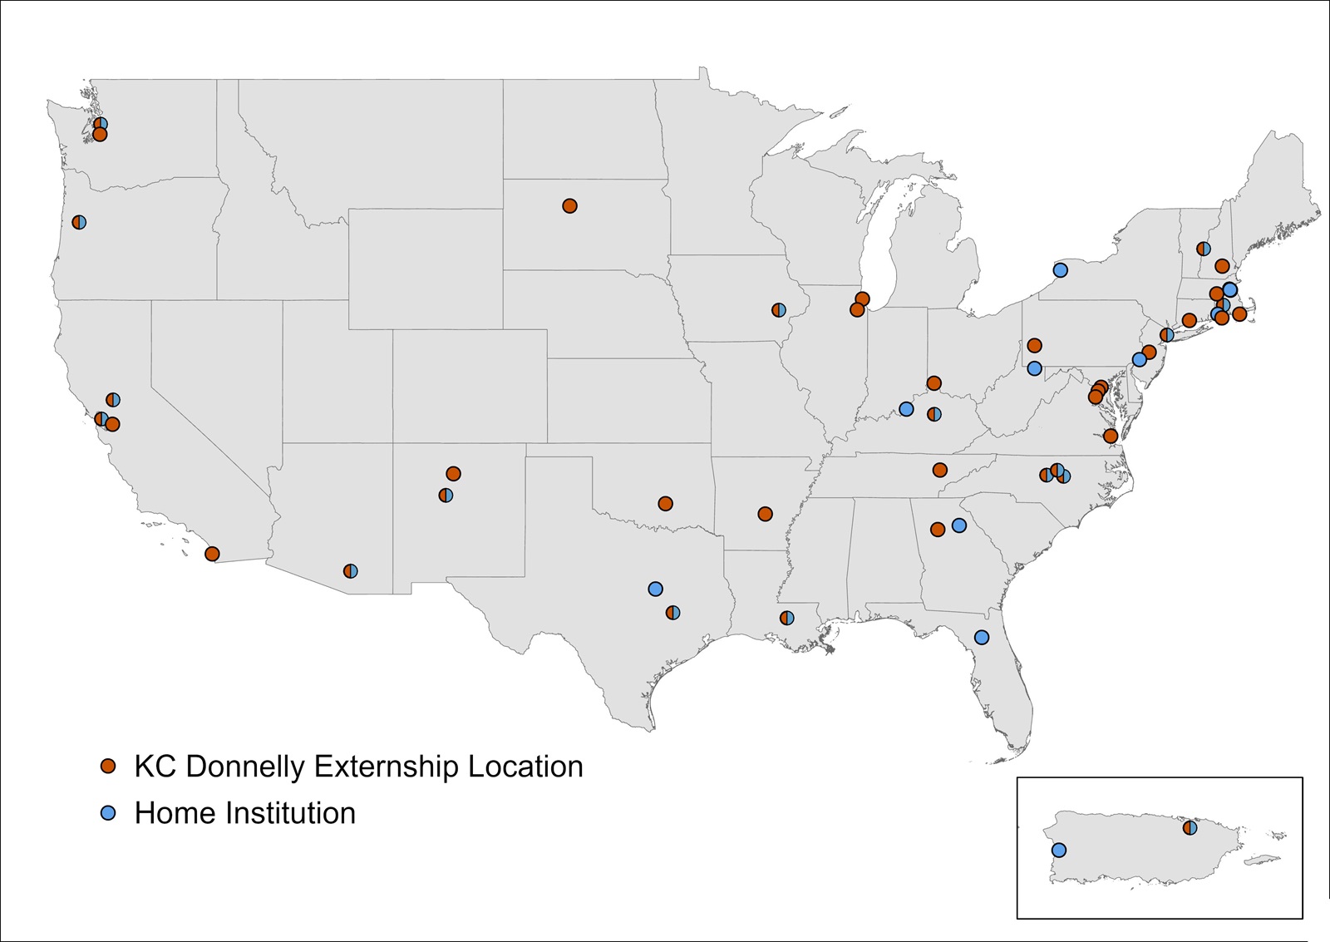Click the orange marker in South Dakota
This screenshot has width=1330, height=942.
pos(569,206)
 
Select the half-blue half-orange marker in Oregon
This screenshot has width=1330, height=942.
pos(79,222)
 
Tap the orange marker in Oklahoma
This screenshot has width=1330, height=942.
pos(665,504)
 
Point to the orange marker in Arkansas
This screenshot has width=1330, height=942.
pos(766,514)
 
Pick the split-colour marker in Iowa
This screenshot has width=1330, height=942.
pos(779,310)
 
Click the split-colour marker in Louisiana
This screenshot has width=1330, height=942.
pos(786,618)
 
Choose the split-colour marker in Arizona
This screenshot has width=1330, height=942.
pos(351,571)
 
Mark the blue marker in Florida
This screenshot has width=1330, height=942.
pos(982,638)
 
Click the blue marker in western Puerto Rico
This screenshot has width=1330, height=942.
pos(1059,850)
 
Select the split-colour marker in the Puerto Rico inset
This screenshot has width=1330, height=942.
pos(1190,827)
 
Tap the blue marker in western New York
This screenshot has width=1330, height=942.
pos(1061,270)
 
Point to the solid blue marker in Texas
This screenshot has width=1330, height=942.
pos(655,589)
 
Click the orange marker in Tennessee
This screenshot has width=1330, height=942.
pos(940,470)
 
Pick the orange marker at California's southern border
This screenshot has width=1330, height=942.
pos(212,554)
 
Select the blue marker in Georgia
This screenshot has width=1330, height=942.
pos(959,525)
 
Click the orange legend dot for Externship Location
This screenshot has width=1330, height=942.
pos(108,767)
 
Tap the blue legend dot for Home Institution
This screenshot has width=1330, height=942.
pos(108,813)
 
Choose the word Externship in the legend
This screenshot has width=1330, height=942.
pos(387,767)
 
